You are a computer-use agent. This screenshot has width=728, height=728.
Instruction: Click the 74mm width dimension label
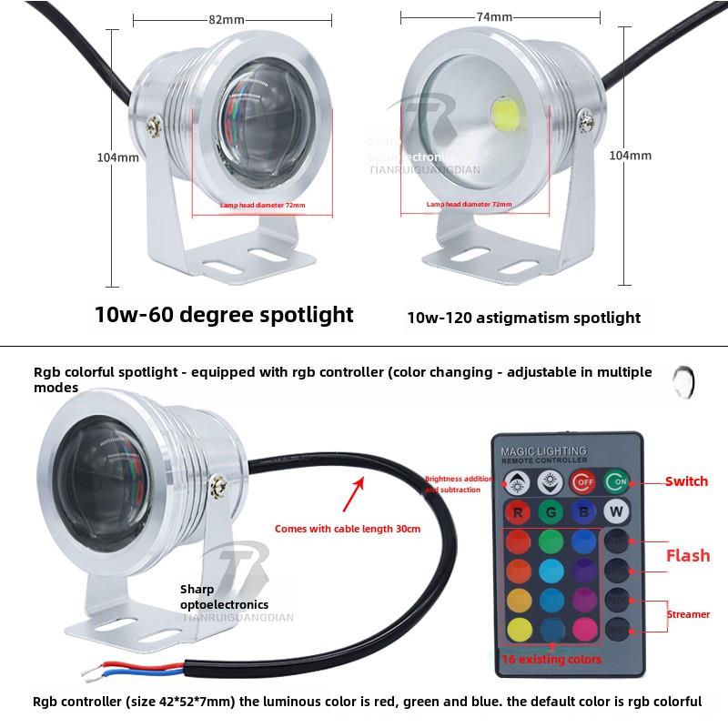[x=494, y=17]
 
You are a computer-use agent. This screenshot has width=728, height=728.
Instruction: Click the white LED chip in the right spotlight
[x=507, y=113]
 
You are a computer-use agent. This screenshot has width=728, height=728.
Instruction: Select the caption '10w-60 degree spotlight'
[x=224, y=315]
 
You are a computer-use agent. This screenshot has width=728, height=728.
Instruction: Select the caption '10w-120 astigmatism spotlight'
[x=523, y=318]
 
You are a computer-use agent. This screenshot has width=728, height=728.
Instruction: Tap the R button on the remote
[x=517, y=511]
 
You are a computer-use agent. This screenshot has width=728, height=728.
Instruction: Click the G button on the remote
[x=551, y=511]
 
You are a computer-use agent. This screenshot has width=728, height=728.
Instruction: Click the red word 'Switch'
[x=685, y=481]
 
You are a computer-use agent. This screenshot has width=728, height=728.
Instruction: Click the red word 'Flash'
[x=687, y=555]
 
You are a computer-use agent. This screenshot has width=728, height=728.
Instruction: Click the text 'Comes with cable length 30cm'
[x=347, y=528]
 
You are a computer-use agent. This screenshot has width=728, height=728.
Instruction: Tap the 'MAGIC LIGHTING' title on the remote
[x=544, y=450]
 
